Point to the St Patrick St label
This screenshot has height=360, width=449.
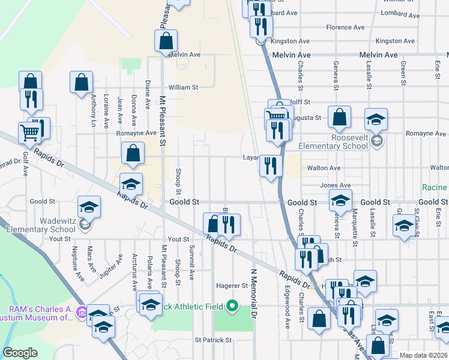tap(213, 340)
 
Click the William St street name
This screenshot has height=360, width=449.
tap(183, 87)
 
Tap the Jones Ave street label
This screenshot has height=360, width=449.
tap(336, 185)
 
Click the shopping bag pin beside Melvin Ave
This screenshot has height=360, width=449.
tap(166, 41)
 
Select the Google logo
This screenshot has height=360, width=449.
tap(20, 353)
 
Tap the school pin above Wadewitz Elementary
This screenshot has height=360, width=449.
tap(89, 208)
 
